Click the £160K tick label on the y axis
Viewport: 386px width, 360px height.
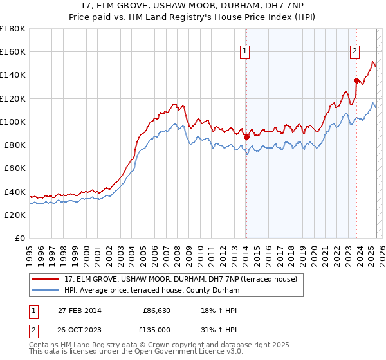pos(13,51)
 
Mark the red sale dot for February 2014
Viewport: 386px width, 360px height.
pos(246,136)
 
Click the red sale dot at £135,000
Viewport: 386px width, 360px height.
pos(356,80)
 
